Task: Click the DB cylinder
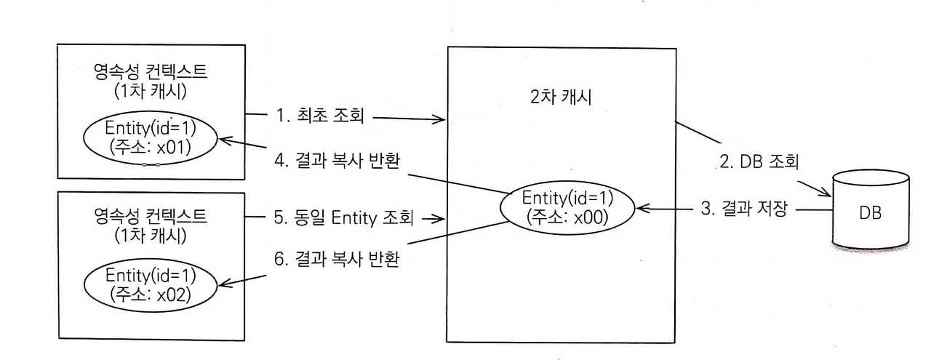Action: [870, 212]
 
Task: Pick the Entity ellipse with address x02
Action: [151, 285]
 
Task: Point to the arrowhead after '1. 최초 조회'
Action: [439, 119]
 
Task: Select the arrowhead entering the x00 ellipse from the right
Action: [641, 210]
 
